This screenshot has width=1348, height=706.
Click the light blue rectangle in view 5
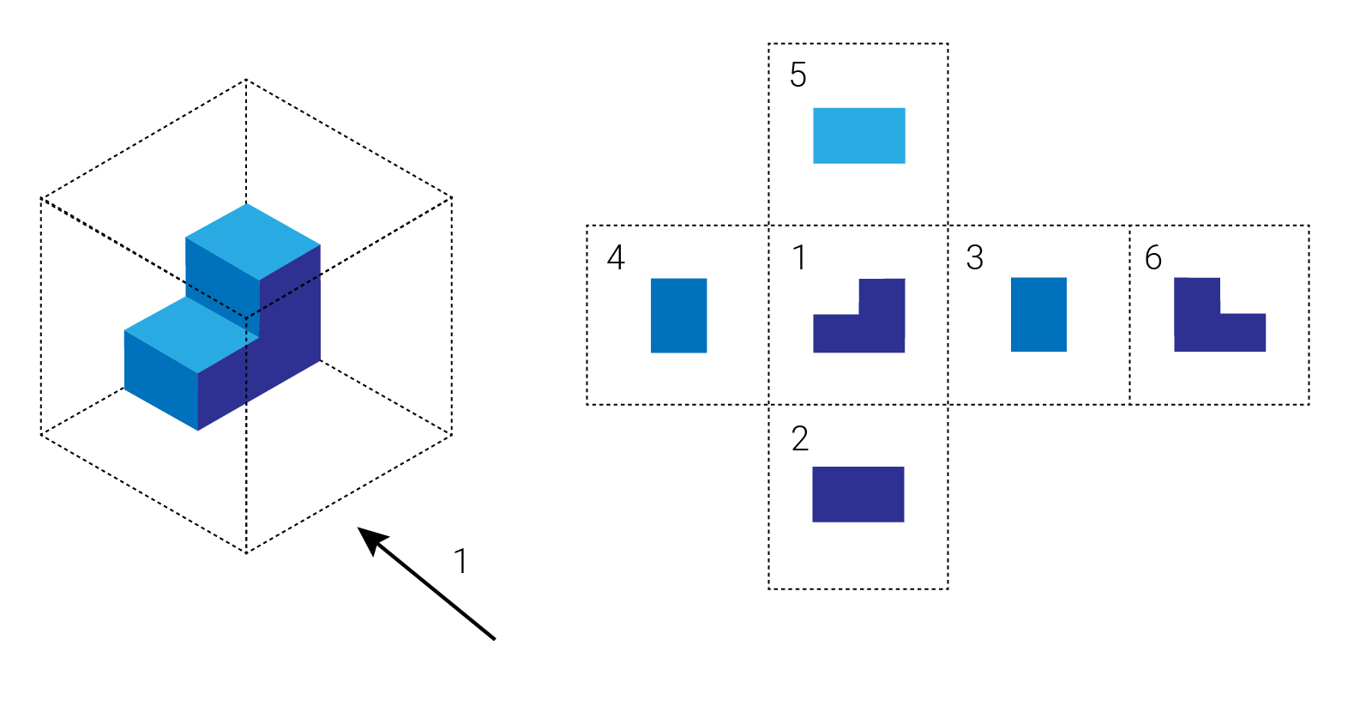858,136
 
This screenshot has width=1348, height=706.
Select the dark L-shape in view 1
858,333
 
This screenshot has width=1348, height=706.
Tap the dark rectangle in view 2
858,494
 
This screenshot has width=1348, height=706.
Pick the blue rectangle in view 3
1038,314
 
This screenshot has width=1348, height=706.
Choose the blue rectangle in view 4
678,315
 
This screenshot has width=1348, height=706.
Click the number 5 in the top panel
797,75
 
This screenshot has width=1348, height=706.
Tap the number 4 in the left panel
616,257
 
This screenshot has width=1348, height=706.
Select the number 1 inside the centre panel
799,257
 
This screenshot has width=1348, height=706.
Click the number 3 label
974,257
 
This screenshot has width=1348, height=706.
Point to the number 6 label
1153,257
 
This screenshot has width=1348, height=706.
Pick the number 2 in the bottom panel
799,439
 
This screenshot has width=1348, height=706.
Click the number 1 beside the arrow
460,561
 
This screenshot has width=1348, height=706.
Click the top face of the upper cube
253,241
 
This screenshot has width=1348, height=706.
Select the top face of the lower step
190,334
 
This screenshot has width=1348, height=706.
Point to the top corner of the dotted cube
246,80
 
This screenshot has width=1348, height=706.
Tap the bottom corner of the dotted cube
246,553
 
